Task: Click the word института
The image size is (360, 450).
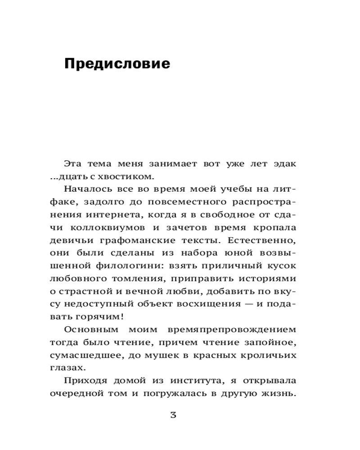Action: [x=190, y=381]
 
